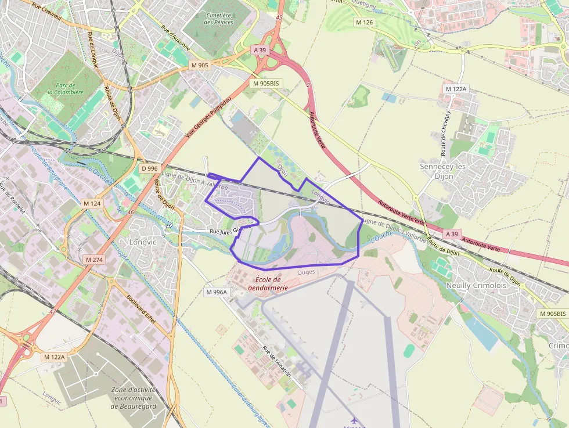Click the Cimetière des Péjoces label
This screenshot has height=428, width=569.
tap(218, 19)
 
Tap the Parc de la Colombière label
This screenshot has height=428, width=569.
tap(66, 88)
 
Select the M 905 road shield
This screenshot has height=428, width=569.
tap(200, 65)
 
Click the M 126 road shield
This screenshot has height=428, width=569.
tap(365, 22)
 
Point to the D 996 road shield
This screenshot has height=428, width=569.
tap(150, 168)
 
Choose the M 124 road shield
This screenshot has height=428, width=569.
tap(92, 203)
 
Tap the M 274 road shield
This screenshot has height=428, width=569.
tap(93, 260)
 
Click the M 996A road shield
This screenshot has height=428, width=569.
tap(217, 292)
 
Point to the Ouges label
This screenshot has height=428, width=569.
tap(305, 271)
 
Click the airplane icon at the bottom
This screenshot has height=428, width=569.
tap(354, 419)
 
